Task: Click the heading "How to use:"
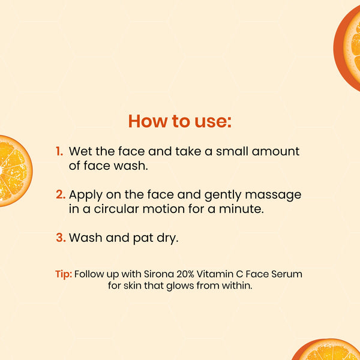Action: pos(180,121)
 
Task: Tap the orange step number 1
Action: pos(59,151)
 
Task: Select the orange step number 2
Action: pos(61,194)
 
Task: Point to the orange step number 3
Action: pos(61,238)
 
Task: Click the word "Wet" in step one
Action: pos(80,151)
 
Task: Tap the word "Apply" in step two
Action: pos(86,195)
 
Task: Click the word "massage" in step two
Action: pos(273,196)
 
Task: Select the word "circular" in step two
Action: pos(116,209)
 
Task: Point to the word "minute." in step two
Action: pos(241,209)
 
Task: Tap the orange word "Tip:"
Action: pos(64,274)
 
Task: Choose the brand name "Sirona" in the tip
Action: pos(158,274)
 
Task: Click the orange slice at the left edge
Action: pos(14,171)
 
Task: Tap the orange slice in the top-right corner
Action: pos(348,48)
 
